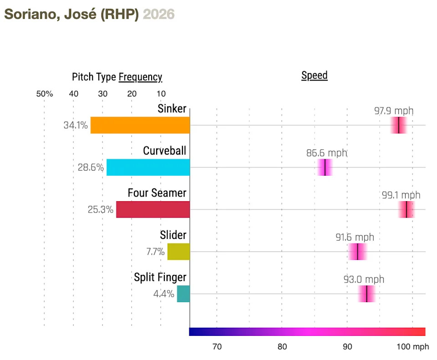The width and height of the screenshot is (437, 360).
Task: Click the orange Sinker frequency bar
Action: (140, 125)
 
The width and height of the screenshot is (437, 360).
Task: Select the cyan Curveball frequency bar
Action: (148, 167)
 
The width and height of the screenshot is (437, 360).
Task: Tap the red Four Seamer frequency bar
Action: (152, 209)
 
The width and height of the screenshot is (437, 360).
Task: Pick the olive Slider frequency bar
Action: (178, 252)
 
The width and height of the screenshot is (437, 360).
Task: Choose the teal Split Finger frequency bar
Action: (183, 294)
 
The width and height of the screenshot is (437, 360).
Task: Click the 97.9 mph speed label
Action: (394, 111)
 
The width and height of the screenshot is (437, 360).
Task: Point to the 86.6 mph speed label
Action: (326, 153)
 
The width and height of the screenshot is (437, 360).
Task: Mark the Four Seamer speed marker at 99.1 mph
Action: (406, 209)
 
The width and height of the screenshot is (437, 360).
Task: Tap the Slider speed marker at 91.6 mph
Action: (358, 252)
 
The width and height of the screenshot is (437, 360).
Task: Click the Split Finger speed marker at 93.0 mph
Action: (366, 294)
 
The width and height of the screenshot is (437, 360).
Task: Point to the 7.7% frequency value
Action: (155, 252)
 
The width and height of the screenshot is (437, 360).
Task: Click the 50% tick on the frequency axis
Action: (45, 94)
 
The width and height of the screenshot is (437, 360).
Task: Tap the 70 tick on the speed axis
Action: (217, 347)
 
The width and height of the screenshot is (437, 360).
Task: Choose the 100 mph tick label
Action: (412, 347)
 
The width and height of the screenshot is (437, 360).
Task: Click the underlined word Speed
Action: (315, 76)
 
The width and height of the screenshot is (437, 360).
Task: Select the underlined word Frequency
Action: (140, 77)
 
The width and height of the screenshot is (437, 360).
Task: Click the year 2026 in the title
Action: (159, 14)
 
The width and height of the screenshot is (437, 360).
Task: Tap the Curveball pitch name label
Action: (164, 151)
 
